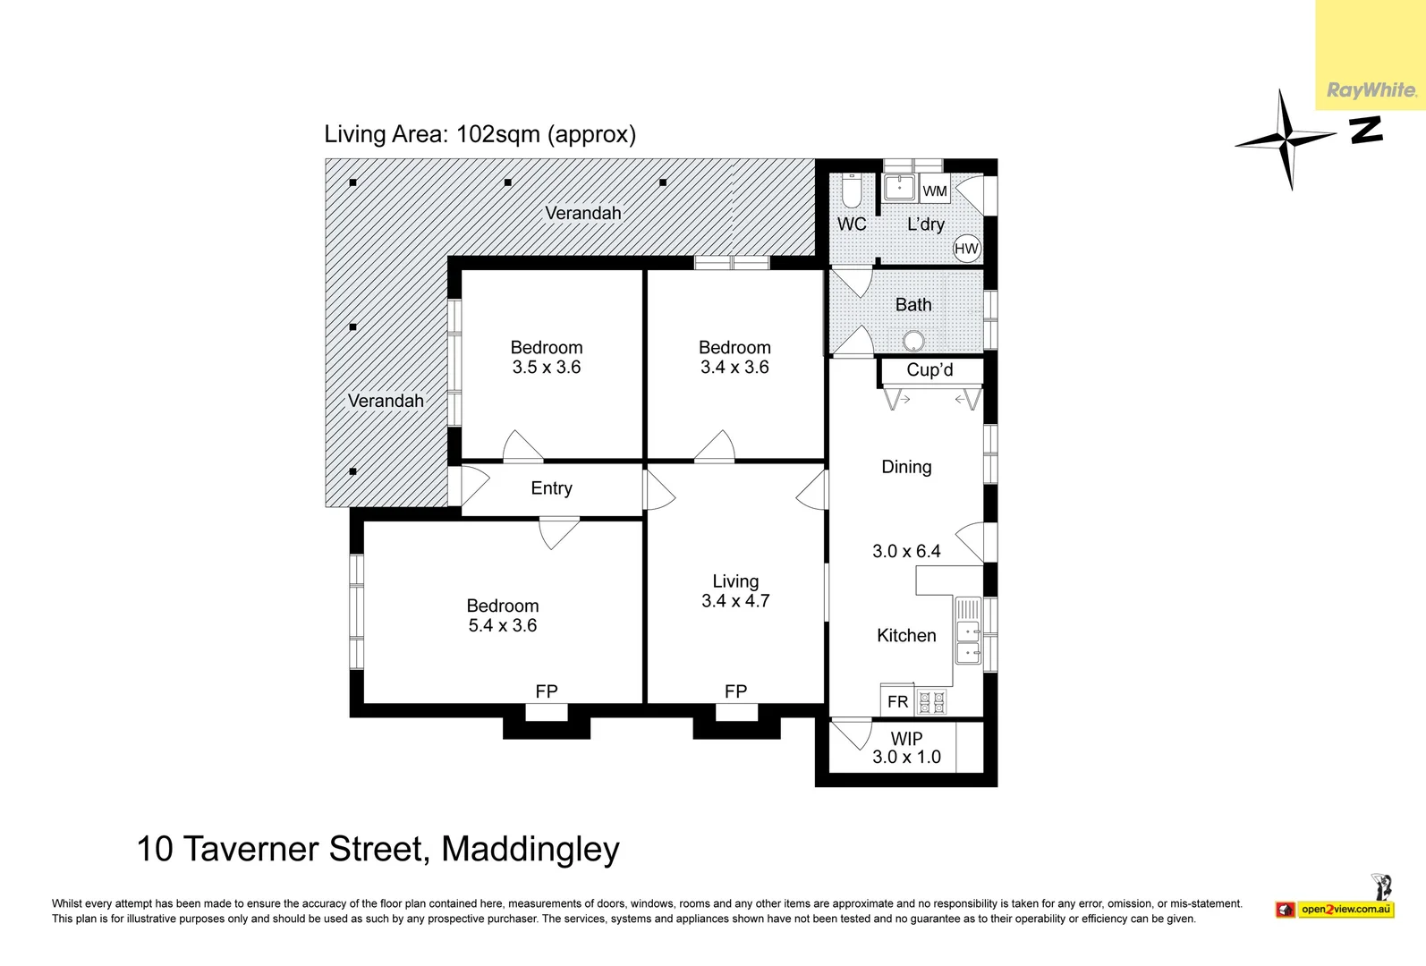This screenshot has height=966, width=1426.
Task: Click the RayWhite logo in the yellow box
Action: pos(1371,90)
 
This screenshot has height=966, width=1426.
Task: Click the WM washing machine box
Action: pos(935,191)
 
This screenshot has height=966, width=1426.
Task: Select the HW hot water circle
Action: pos(966,249)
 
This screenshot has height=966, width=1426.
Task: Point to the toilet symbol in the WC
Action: pos(851,191)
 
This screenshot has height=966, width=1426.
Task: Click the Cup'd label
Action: pos(929,370)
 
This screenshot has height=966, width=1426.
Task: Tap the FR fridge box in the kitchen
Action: pos(897,702)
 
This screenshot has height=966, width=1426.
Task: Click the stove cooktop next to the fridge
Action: pos(931,702)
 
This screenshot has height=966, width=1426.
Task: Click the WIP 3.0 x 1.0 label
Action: pos(906,748)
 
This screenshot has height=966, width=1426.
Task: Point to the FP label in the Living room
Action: pos(735,691)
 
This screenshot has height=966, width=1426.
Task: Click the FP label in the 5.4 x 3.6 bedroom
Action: pos(546,691)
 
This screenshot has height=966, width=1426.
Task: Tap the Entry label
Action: pos(551,488)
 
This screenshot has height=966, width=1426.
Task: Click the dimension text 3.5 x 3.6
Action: pos(547,368)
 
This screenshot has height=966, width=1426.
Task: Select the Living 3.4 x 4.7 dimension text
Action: pos(735,601)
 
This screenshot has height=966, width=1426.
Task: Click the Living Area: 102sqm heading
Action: pos(480,134)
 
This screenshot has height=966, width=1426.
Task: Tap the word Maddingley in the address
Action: pos(531,849)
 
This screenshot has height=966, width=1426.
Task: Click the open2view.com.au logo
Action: pos(1345,910)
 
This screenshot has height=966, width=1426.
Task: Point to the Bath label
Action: pos(913,305)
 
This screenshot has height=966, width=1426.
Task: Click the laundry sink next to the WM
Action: pos(898,188)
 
